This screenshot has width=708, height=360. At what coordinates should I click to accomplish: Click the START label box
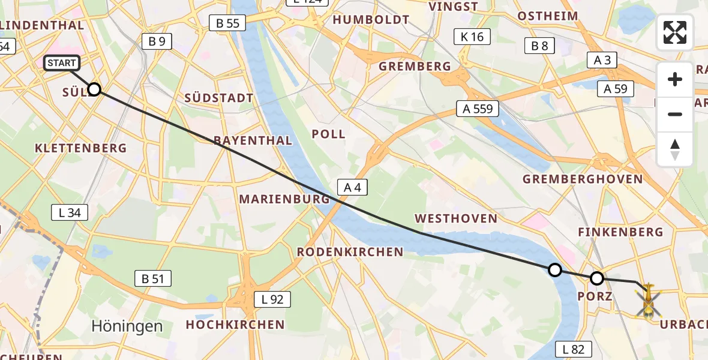(62, 63)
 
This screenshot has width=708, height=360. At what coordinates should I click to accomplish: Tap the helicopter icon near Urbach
(648, 300)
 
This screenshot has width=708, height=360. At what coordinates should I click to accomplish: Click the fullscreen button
(675, 32)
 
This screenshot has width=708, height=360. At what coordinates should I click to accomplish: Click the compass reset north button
(675, 149)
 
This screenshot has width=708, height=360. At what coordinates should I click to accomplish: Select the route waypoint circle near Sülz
(94, 90)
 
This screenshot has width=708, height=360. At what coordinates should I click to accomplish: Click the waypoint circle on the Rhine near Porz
(555, 270)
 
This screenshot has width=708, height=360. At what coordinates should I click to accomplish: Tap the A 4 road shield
(352, 188)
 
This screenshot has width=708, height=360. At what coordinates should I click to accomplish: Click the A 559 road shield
(478, 109)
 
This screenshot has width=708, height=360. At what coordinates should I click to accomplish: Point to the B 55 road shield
(227, 23)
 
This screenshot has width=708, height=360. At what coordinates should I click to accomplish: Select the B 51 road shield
(153, 278)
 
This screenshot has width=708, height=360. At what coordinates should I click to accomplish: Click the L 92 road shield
(272, 299)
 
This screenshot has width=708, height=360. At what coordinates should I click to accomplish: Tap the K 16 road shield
(472, 37)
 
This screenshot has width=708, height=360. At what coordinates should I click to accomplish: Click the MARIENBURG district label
(284, 199)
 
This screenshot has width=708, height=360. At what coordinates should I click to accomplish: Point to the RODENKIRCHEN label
(350, 252)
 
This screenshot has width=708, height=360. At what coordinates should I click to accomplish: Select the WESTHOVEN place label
(456, 218)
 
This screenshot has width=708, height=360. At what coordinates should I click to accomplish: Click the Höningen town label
(127, 326)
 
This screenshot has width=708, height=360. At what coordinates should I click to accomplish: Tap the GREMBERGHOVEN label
(583, 179)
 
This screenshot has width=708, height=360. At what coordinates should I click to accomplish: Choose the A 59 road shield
(616, 89)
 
